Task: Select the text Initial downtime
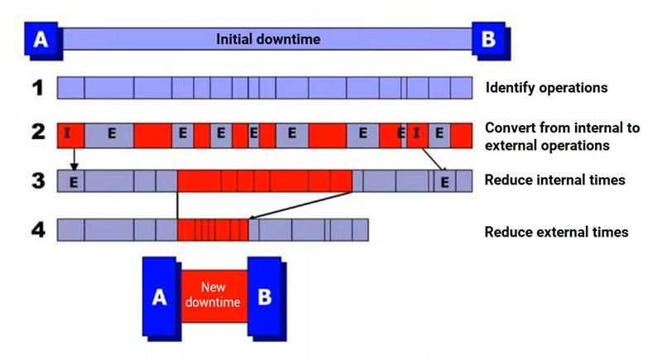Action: pyautogui.click(x=267, y=39)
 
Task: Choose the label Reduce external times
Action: pyautogui.click(x=556, y=233)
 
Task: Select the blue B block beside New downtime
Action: pyautogui.click(x=265, y=297)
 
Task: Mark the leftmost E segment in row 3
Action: pyautogui.click(x=72, y=182)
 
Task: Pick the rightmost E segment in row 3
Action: pyautogui.click(x=445, y=182)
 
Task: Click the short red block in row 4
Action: pyautogui.click(x=213, y=230)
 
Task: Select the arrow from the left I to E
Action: pyautogui.click(x=74, y=159)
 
